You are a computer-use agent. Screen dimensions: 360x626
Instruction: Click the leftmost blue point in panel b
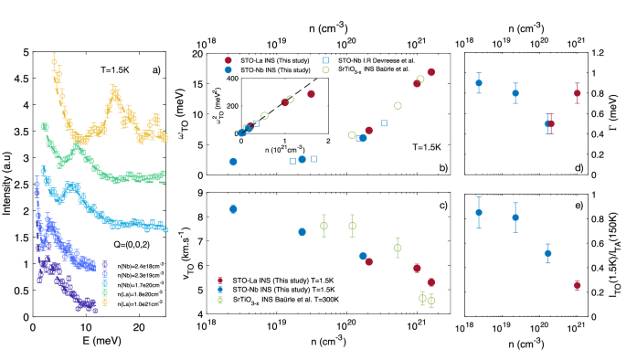233,162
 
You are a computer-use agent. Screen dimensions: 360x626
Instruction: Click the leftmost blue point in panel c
233,209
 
